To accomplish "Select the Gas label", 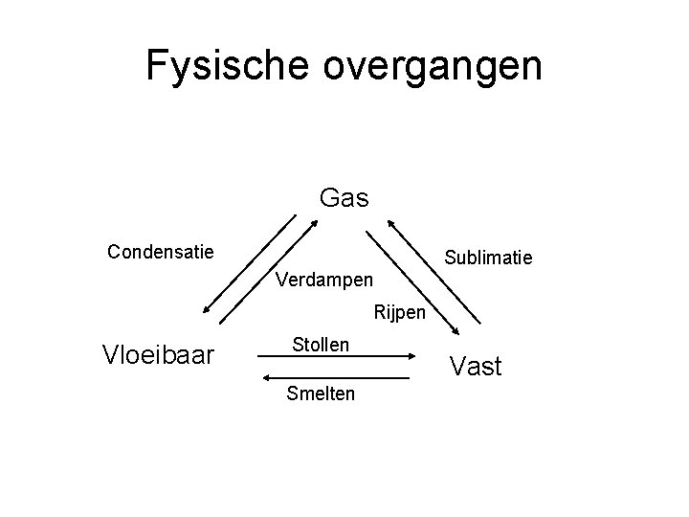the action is tap(344, 197).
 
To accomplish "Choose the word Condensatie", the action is tap(161, 252).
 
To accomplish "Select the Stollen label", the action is tap(321, 343).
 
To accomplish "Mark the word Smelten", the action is tap(321, 393).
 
